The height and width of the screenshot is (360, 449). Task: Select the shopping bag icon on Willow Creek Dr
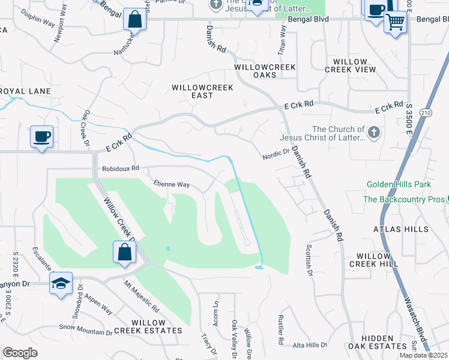(x=124, y=253)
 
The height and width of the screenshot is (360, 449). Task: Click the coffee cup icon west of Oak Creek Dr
(x=41, y=137)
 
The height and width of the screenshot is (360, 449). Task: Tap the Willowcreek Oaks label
(x=265, y=71)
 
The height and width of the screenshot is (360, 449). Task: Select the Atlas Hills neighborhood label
(x=400, y=229)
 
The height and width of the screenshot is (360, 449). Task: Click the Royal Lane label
(x=25, y=91)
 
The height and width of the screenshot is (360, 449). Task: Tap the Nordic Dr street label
(x=276, y=155)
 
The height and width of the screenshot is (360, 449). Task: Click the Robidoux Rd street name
(x=120, y=169)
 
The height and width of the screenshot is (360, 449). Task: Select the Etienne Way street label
(x=171, y=184)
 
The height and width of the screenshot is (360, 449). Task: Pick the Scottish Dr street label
(x=309, y=260)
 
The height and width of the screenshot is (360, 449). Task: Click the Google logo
(x=20, y=353)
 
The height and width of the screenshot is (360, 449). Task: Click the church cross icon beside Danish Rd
(x=373, y=133)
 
